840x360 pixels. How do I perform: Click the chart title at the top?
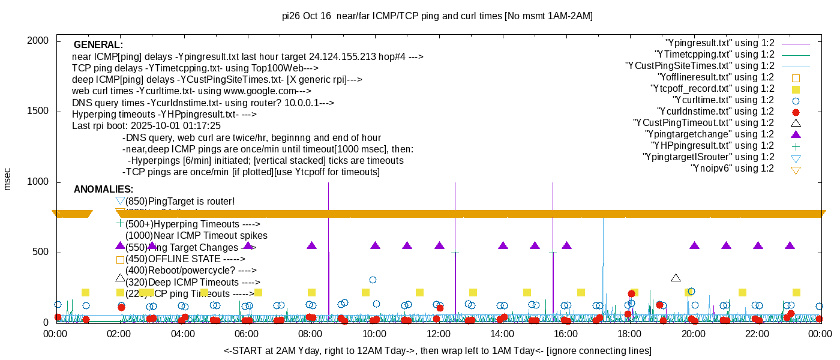tap(437, 16)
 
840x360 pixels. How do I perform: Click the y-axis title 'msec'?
tap(8, 179)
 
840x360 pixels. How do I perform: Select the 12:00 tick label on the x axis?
tap(437, 334)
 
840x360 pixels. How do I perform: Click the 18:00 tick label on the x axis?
tap(629, 334)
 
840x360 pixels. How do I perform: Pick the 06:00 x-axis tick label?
tap(246, 334)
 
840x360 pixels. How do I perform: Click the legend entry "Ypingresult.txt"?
tap(720, 43)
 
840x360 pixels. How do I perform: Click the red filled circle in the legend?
tap(796, 112)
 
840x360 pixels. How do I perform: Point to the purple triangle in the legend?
tap(796, 134)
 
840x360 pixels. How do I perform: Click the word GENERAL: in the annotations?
tap(98, 45)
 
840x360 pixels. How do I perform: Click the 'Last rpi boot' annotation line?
tap(146, 126)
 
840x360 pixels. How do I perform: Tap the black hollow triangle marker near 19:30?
tap(676, 278)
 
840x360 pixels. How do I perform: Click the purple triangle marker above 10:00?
tap(376, 245)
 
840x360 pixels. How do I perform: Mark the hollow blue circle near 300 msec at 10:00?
tap(373, 280)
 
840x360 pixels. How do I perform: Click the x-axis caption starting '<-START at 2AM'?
tap(437, 350)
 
